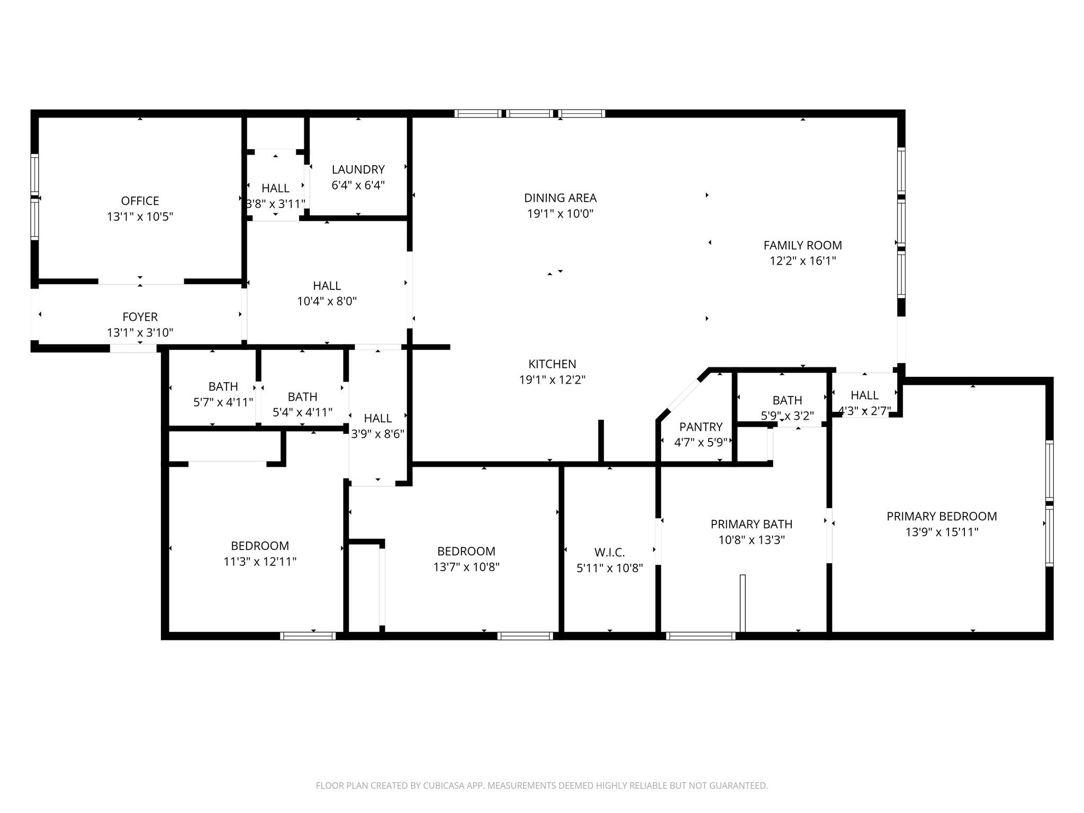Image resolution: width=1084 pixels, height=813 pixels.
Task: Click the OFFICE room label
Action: (140, 201)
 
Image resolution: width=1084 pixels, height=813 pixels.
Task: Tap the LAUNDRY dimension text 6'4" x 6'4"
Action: (358, 185)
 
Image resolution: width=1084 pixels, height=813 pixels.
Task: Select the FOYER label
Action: (140, 317)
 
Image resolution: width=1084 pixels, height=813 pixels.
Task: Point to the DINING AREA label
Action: (560, 198)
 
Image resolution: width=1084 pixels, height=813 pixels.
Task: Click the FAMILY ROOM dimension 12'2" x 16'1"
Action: (802, 261)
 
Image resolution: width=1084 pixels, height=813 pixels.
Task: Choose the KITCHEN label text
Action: (552, 364)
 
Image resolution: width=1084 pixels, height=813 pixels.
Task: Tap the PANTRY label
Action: (701, 427)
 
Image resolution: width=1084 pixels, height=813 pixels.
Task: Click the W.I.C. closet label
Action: (609, 553)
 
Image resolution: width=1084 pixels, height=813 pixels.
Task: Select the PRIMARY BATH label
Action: (751, 524)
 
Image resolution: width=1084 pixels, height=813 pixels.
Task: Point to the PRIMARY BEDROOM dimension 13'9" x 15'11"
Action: (942, 532)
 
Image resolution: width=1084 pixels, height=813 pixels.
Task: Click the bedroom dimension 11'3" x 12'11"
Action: (260, 562)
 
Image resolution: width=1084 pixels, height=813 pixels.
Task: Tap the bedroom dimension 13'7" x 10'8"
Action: (466, 567)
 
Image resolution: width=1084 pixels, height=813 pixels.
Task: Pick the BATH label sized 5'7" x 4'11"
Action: (223, 386)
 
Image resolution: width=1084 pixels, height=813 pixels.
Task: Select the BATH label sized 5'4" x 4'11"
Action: (302, 396)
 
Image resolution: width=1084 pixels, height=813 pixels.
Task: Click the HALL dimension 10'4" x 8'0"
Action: (327, 301)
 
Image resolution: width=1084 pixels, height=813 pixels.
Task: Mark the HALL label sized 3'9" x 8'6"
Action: (377, 418)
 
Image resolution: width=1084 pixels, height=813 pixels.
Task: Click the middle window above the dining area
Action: (529, 113)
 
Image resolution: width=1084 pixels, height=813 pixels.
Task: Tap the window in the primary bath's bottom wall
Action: (700, 636)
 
